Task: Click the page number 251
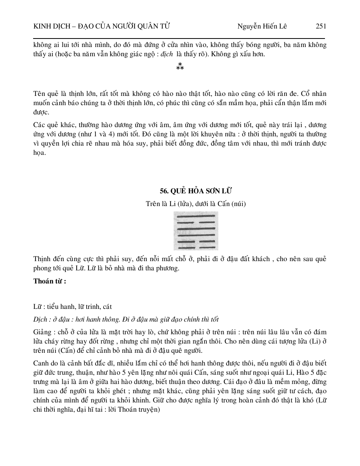[x=321, y=26]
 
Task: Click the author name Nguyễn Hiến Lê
[x=262, y=26]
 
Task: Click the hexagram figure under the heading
[x=196, y=231]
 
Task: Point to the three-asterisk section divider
[x=180, y=67]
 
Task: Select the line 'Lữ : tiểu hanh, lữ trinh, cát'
[x=72, y=307]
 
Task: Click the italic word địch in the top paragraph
[x=167, y=54]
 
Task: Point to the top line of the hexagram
[x=196, y=216]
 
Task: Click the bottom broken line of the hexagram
[x=196, y=247]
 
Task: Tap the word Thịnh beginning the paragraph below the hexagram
[x=43, y=259]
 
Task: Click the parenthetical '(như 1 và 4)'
[x=73, y=134]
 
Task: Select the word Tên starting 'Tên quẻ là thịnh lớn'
[x=39, y=94]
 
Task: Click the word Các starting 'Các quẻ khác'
[x=39, y=125]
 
